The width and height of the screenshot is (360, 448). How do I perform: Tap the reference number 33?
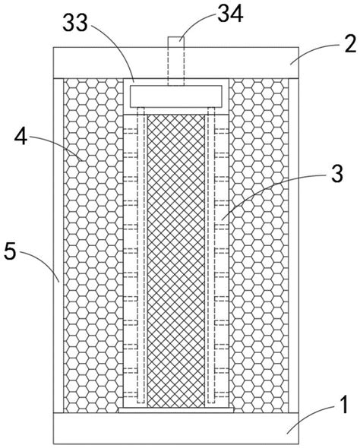pyautogui.click(x=75, y=23)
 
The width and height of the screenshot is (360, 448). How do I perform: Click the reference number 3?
pyautogui.click(x=337, y=174)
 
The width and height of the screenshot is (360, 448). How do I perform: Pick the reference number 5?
pyautogui.click(x=10, y=251)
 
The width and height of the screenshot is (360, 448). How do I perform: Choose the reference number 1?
pyautogui.click(x=344, y=405)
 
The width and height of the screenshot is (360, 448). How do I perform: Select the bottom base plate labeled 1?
pyautogui.click(x=176, y=428)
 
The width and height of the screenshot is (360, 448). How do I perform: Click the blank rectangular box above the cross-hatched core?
pyautogui.click(x=176, y=96)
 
